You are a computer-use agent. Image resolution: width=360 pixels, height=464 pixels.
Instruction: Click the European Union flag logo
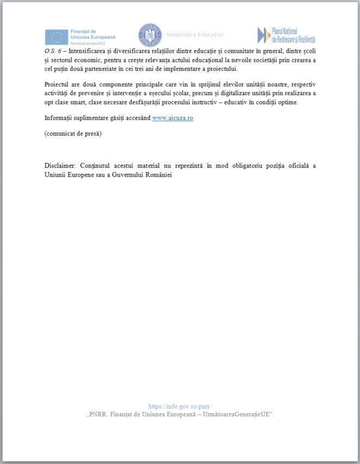56,37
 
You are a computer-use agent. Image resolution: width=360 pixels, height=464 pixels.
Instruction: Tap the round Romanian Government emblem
150,35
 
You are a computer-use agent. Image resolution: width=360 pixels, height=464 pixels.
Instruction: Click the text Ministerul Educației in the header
195,35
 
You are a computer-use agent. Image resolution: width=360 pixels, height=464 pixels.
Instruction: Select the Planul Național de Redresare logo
287,35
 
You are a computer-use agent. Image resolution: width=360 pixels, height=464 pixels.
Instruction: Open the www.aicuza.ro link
172,118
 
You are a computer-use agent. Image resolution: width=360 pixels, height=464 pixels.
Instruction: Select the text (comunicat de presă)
73,133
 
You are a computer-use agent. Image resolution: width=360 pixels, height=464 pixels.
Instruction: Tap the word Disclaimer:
60,165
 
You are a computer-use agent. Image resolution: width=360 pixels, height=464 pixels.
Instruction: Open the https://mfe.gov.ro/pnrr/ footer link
179,406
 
